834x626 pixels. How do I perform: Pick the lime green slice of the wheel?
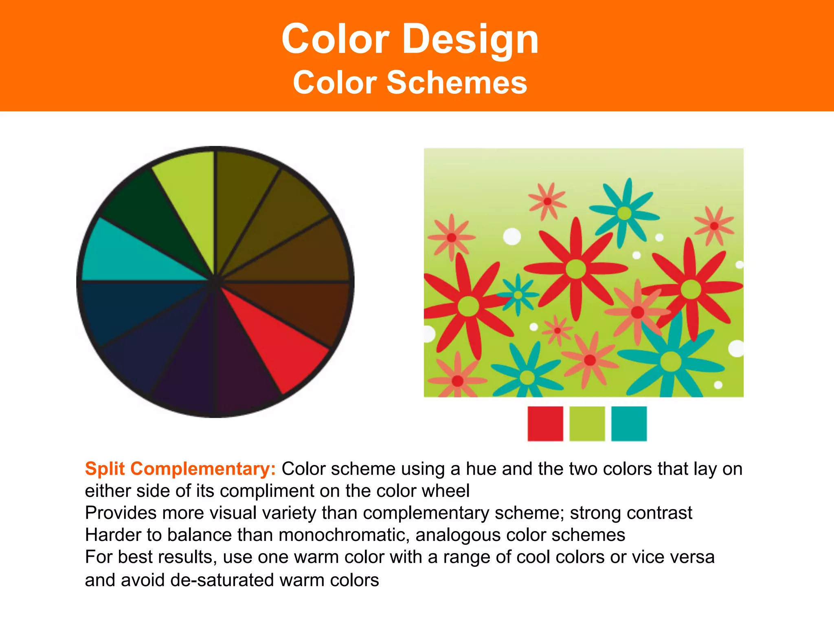click(187, 196)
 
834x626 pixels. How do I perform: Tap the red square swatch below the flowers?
click(545, 423)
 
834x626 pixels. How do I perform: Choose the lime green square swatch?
click(587, 423)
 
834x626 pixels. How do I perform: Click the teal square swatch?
click(629, 423)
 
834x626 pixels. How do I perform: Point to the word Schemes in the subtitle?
click(457, 83)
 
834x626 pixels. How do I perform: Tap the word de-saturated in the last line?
click(222, 580)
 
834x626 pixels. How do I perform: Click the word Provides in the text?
click(121, 513)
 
